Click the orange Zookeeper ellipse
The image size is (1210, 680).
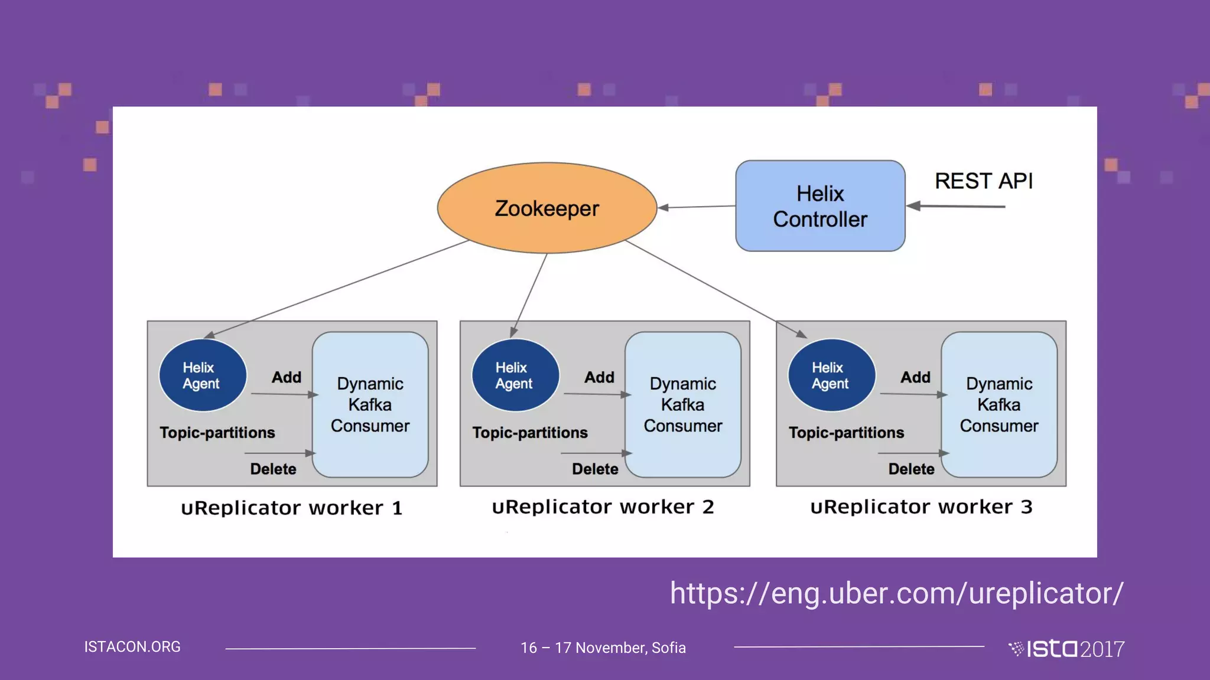click(547, 208)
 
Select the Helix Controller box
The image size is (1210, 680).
click(820, 206)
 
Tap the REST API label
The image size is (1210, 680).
click(983, 181)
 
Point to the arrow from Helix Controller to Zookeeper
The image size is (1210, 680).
click(697, 207)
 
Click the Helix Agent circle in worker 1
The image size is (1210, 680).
click(202, 375)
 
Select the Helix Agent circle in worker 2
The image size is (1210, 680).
click(515, 375)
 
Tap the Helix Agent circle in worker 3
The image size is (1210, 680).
click(831, 375)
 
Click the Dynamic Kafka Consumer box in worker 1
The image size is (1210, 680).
click(370, 405)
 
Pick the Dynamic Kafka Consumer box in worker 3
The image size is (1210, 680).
click(998, 405)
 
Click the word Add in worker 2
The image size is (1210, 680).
click(599, 377)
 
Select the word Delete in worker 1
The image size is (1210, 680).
click(273, 469)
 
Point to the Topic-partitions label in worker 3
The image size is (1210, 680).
click(846, 433)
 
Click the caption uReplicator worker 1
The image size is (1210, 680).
click(292, 508)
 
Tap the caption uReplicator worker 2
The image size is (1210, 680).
click(603, 506)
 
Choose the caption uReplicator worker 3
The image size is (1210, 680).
click(921, 506)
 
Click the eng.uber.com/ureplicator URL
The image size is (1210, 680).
click(896, 593)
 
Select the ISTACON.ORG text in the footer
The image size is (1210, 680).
click(132, 647)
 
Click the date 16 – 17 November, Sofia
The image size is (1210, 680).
click(603, 648)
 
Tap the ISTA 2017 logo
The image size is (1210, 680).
click(1067, 649)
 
